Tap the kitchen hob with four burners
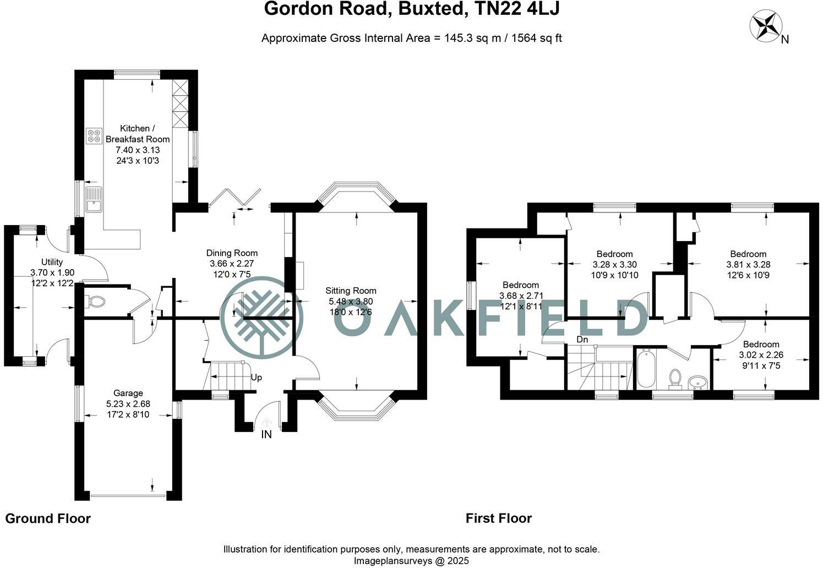click(94, 136)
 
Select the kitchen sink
click(94, 199)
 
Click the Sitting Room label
click(351, 291)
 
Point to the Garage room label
click(128, 393)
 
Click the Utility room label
click(52, 262)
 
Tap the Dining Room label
click(232, 253)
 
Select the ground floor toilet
click(95, 302)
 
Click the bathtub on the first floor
click(646, 368)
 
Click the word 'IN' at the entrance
click(266, 435)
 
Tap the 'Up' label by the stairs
click(256, 378)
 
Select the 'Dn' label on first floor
click(582, 340)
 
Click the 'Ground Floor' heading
click(48, 518)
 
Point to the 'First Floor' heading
click(499, 518)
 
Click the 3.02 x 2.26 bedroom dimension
click(761, 355)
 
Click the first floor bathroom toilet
click(675, 378)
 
